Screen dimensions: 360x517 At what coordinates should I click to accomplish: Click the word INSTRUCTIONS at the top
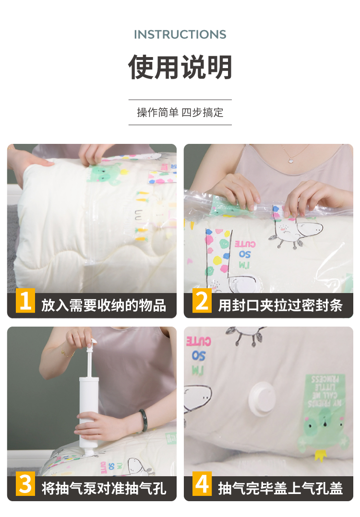180,35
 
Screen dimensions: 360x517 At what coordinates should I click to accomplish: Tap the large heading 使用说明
180,67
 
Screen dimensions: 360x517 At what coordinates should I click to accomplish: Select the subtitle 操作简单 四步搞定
180,112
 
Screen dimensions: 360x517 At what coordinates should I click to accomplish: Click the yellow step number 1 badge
25,300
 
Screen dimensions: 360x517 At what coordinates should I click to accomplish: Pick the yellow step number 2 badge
202,300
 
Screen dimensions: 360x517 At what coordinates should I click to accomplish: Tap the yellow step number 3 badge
25,484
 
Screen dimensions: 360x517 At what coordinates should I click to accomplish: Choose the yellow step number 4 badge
202,484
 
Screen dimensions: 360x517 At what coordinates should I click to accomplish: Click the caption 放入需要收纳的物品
104,305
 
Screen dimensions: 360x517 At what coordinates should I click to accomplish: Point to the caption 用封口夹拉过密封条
280,305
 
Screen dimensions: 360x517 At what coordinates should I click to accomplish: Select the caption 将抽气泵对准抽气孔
104,488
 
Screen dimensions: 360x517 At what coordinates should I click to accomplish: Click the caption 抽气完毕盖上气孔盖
280,488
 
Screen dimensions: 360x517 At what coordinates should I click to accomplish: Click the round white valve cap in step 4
262,399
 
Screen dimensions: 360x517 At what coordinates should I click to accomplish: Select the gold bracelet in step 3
67,353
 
